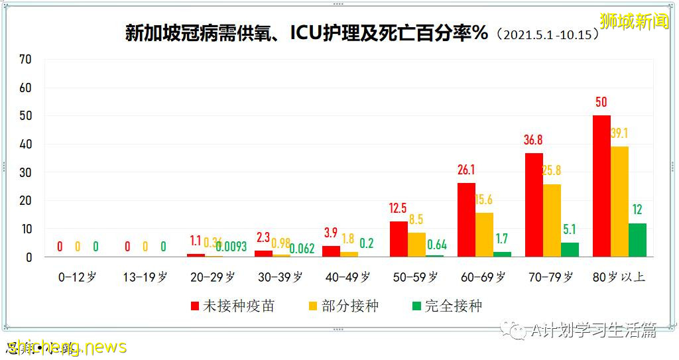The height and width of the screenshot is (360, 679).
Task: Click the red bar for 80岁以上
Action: (x=601, y=186)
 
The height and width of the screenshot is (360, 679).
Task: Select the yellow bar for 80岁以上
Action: (x=619, y=201)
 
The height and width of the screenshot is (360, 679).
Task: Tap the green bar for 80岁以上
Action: (x=637, y=239)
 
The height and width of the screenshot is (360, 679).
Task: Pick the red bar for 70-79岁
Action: (x=534, y=204)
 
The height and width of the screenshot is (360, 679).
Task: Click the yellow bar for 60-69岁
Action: (x=484, y=234)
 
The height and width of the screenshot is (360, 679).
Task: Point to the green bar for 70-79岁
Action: (x=570, y=249)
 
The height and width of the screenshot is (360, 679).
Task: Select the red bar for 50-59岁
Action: (x=399, y=239)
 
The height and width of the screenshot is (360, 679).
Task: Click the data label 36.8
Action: (x=534, y=141)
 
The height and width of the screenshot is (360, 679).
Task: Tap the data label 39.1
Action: (x=619, y=133)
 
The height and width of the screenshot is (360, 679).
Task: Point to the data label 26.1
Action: (x=466, y=170)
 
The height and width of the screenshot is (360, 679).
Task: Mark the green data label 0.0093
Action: (x=231, y=247)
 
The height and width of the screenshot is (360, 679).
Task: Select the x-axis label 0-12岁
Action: (x=78, y=277)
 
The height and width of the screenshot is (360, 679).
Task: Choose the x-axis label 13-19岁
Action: (x=145, y=277)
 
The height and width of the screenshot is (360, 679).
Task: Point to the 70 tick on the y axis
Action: (x=25, y=59)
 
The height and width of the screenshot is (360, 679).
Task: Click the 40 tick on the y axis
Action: (x=25, y=144)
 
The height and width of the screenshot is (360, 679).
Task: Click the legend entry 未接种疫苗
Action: (x=232, y=306)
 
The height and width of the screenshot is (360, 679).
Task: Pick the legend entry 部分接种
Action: (x=343, y=306)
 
